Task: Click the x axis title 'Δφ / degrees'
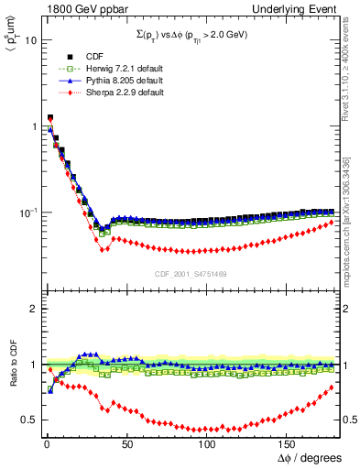pos(310,457)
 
